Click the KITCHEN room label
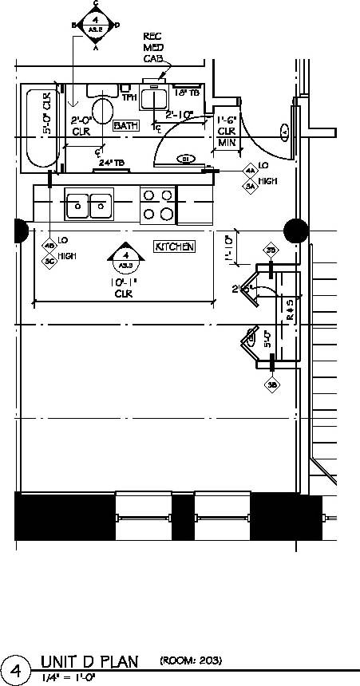(x=175, y=246)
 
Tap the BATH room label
(x=126, y=126)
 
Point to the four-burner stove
(x=157, y=204)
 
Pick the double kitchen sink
(x=89, y=204)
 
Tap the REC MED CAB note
(x=152, y=47)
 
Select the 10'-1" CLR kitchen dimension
(x=124, y=287)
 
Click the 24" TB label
(x=111, y=163)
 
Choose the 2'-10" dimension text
(x=180, y=114)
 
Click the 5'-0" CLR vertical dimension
(x=48, y=112)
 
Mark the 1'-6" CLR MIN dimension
(x=227, y=131)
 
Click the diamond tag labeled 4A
(x=250, y=171)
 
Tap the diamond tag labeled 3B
(x=272, y=385)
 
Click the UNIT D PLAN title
(x=89, y=661)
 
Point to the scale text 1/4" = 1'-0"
(x=68, y=677)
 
